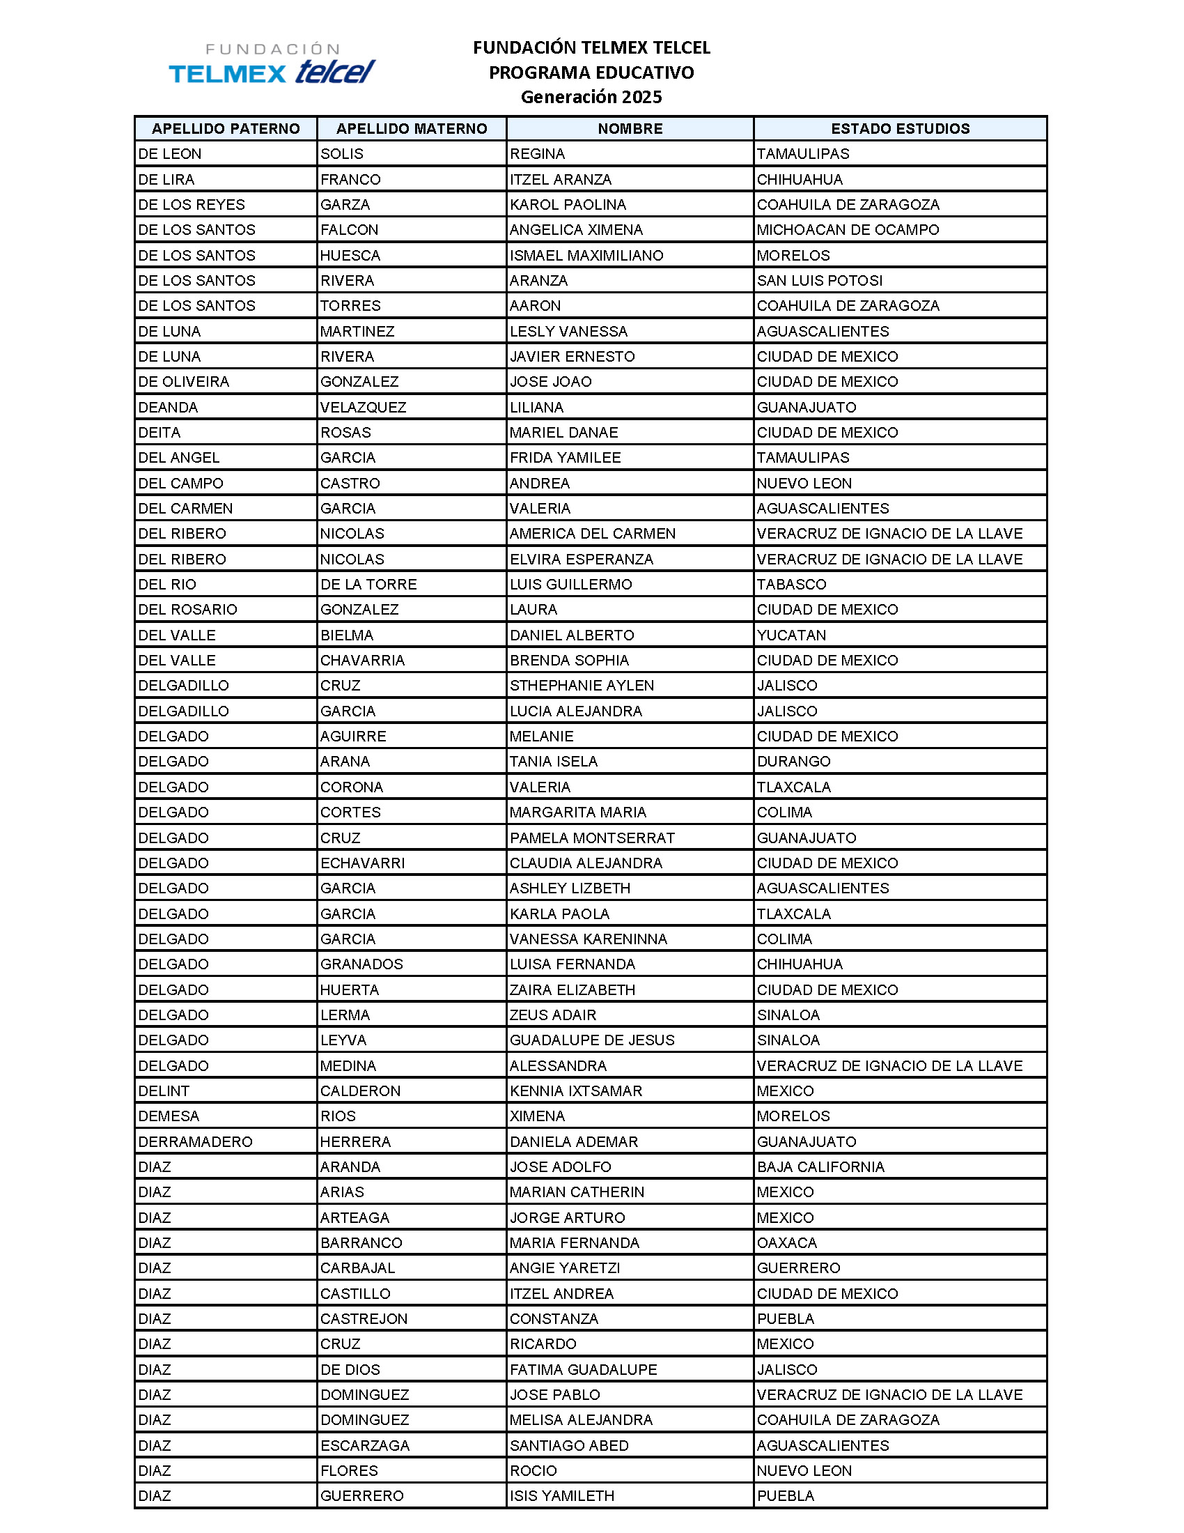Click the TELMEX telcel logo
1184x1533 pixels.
272,65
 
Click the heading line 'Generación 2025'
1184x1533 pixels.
591,97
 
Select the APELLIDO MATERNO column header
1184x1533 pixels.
411,128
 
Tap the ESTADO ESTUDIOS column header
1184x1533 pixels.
900,128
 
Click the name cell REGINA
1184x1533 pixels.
537,154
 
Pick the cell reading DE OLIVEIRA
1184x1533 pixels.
184,382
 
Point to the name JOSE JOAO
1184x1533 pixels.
551,382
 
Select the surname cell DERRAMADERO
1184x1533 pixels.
195,1142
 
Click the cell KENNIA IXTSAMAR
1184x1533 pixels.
576,1091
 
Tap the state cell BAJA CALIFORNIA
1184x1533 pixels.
820,1167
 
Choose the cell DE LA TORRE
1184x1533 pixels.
368,585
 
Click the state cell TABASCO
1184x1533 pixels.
791,585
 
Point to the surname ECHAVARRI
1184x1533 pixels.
363,863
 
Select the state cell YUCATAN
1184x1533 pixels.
791,635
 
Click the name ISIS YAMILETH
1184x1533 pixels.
562,1496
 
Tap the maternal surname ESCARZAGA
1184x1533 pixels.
365,1445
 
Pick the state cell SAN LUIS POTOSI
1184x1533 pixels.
819,281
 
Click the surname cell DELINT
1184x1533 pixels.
164,1091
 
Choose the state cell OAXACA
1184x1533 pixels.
787,1243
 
